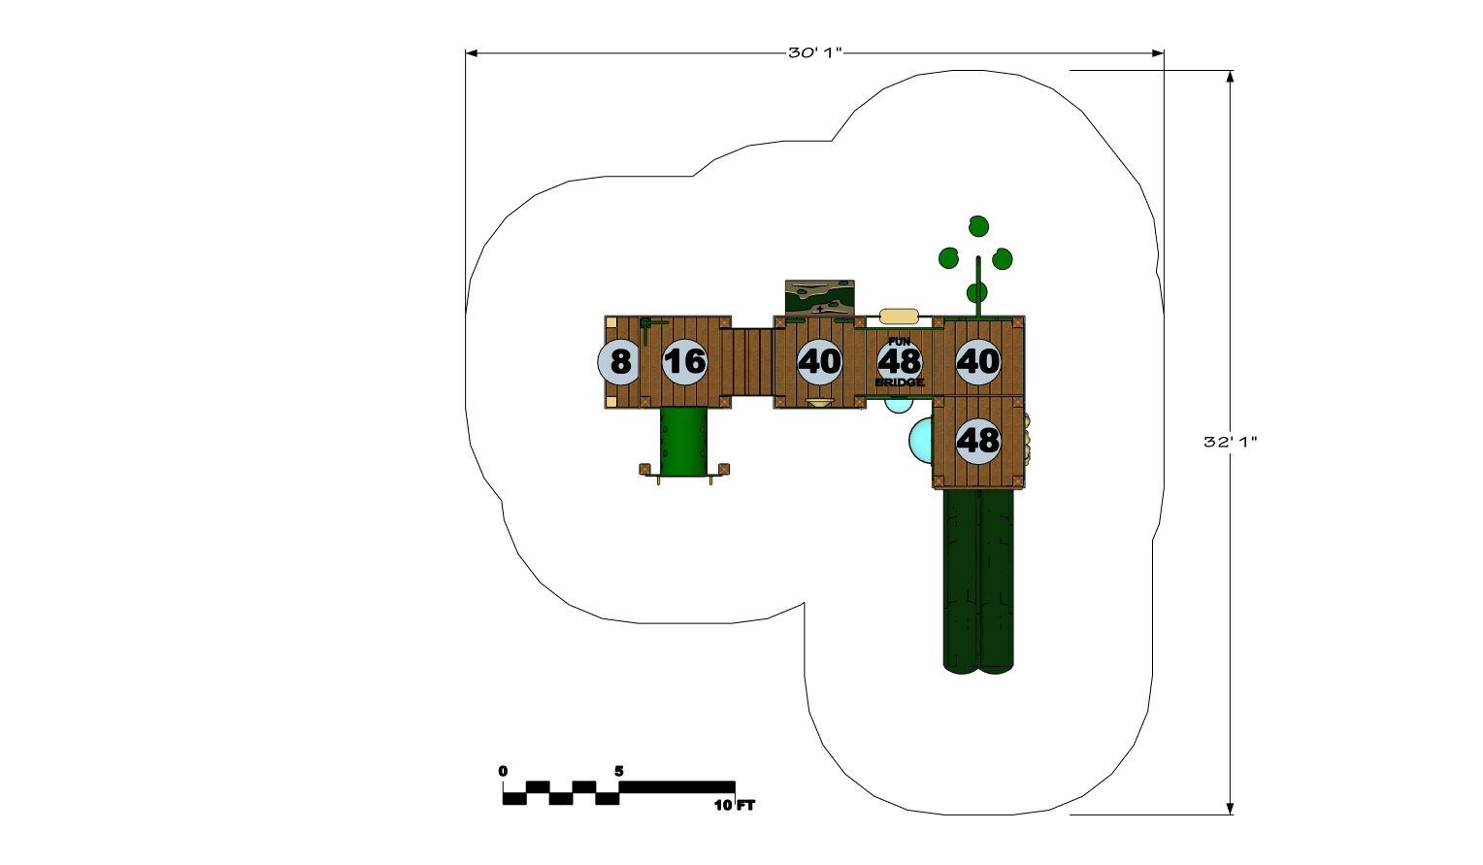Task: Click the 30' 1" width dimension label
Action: [x=814, y=53]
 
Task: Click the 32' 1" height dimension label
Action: [x=1230, y=442]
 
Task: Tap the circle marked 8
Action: [x=619, y=362]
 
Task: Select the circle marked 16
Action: [x=685, y=362]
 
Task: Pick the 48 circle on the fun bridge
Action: [x=900, y=362]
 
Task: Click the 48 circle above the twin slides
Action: [x=978, y=441]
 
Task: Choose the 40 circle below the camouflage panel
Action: [x=819, y=362]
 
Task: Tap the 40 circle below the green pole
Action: [x=978, y=362]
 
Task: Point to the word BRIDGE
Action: [x=900, y=383]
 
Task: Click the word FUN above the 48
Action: [x=900, y=341]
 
